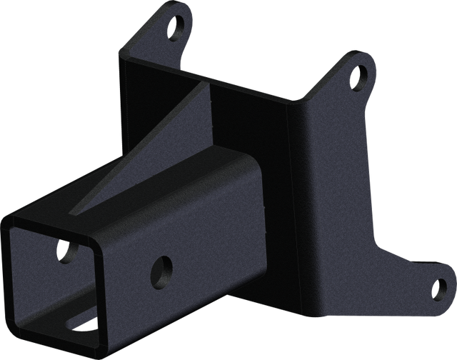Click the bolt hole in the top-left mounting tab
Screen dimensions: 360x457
click(x=174, y=28)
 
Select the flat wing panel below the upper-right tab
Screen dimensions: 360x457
click(x=343, y=164)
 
